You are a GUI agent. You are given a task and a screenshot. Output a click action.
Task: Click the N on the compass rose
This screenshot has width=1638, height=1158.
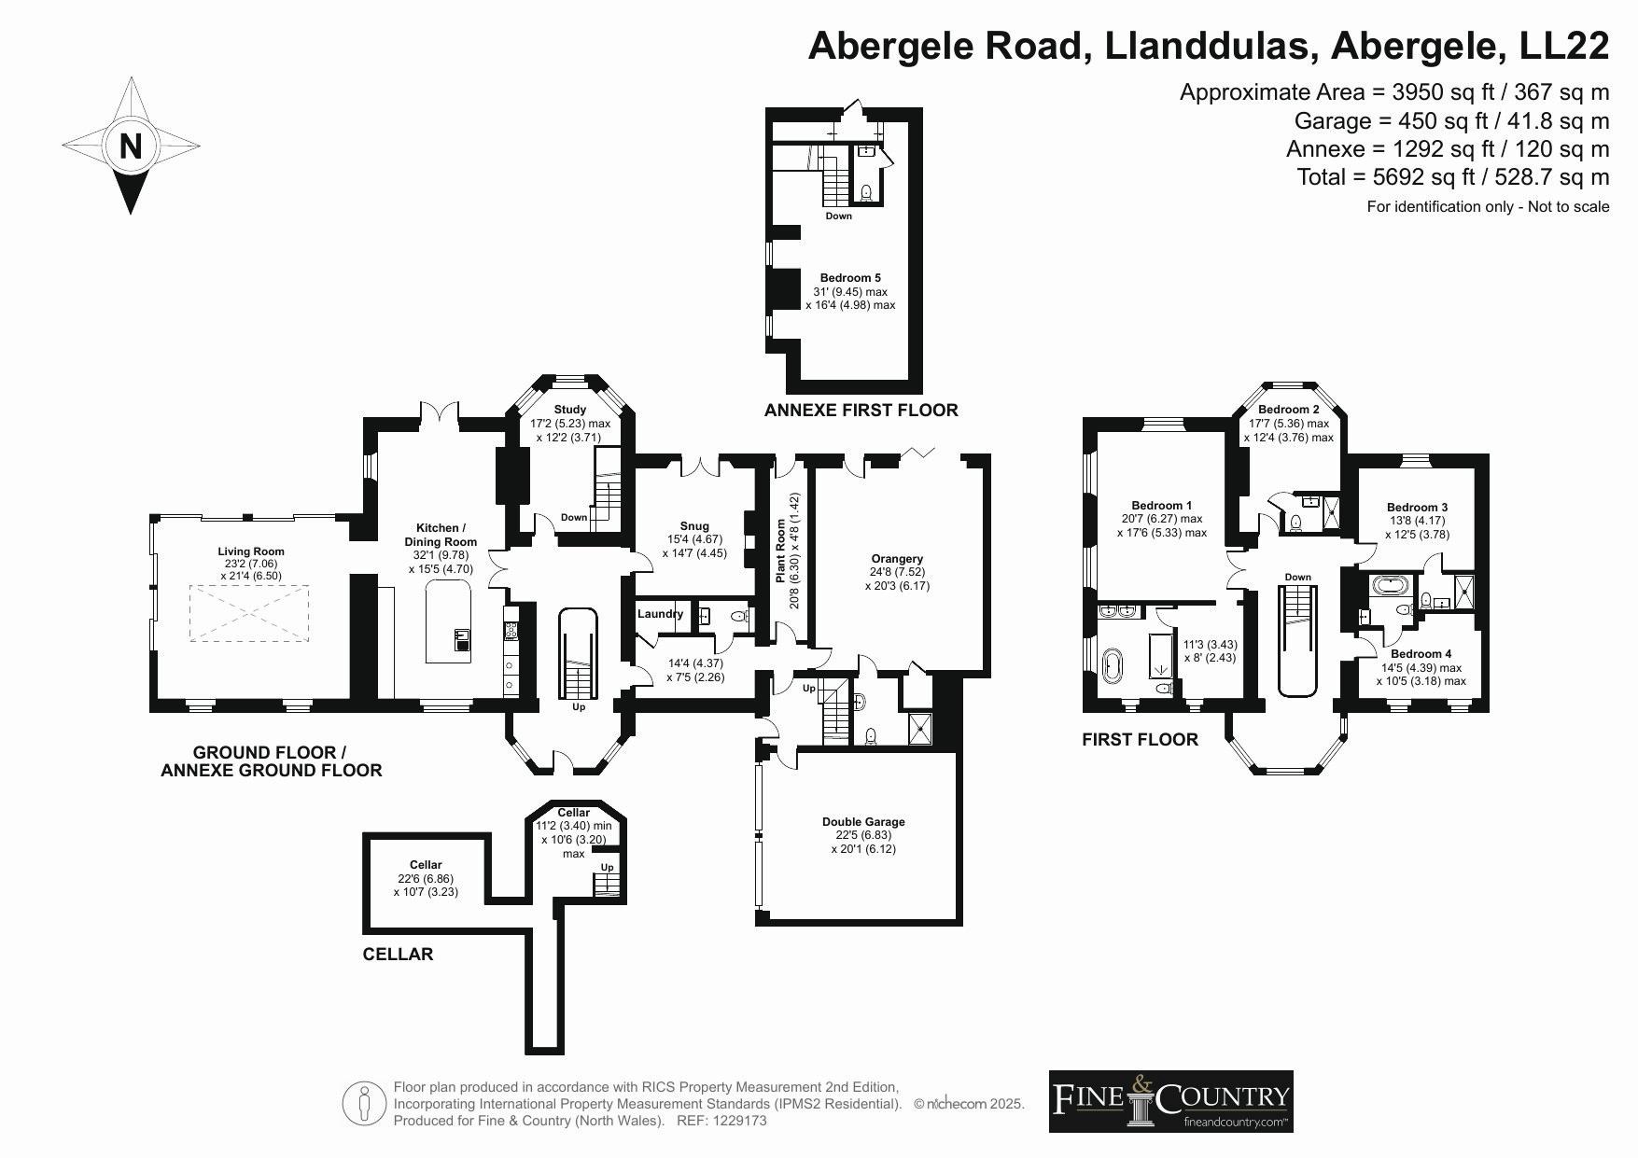tap(131, 146)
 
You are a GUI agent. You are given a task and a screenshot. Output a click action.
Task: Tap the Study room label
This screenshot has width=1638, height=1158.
tap(569, 410)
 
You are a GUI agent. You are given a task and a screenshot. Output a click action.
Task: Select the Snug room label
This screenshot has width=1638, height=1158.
tap(694, 526)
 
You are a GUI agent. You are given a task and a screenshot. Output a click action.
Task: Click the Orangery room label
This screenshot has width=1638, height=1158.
tap(897, 559)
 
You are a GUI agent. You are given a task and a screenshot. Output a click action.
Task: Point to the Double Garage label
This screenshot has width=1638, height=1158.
tap(863, 822)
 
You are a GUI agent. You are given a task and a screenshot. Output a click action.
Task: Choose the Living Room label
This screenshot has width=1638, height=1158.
tap(251, 551)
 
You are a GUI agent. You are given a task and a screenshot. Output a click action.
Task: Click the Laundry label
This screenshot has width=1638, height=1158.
tap(660, 614)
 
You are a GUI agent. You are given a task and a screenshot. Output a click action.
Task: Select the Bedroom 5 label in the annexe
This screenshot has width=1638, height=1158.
tap(850, 278)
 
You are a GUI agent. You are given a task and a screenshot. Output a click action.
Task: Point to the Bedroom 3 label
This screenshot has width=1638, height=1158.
tap(1417, 508)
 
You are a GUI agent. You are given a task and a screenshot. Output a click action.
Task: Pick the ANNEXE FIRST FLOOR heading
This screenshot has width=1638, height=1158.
tap(861, 410)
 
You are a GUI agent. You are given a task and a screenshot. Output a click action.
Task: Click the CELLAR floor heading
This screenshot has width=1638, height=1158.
tap(398, 954)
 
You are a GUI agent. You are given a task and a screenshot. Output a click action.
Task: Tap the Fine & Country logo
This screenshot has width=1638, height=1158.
tap(1171, 1102)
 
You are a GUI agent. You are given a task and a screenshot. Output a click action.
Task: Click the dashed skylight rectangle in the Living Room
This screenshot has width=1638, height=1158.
tap(249, 613)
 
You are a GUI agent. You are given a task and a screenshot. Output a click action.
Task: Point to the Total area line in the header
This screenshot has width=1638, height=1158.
tap(1453, 177)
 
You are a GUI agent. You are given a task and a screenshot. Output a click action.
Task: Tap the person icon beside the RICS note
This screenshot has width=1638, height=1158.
tap(364, 1103)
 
